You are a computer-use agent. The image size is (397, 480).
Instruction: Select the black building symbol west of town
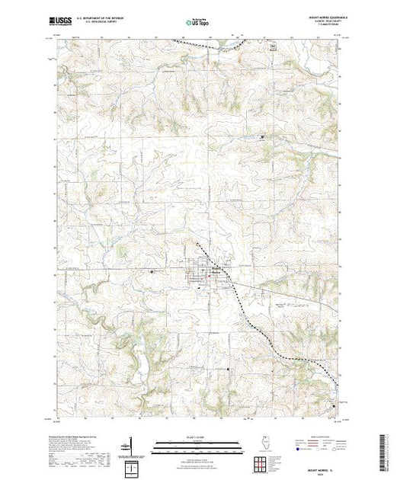click(x=152, y=271)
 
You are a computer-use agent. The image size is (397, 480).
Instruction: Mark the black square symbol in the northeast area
click(x=263, y=137)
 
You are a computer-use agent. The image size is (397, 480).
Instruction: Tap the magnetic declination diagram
click(x=131, y=444)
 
